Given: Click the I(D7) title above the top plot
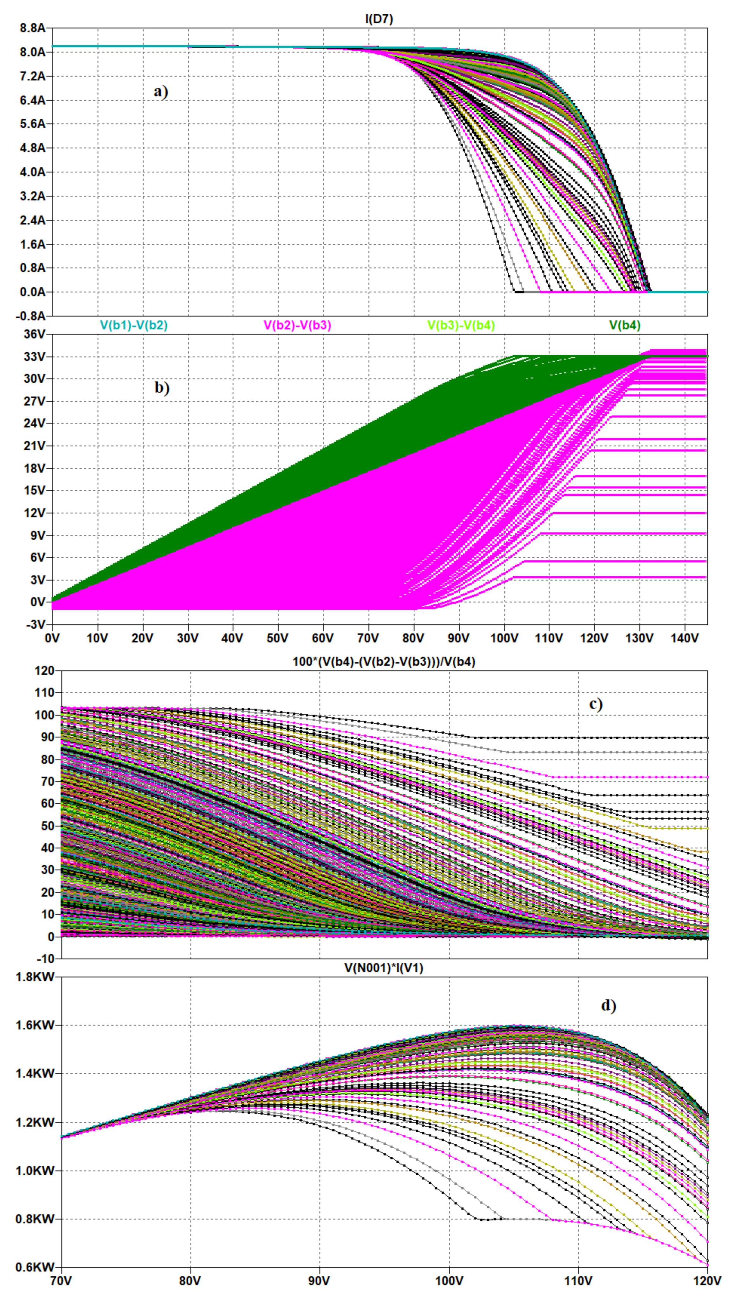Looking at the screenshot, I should point(378,19).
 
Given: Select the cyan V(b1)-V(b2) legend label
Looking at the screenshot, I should point(134,325).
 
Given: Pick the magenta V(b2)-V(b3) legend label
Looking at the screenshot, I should point(297,325).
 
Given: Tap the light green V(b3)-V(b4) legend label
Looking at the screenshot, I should point(461,325).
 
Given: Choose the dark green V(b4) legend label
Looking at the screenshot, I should point(625,325).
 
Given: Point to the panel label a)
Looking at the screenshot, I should point(161,92).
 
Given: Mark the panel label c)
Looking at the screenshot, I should point(596,704).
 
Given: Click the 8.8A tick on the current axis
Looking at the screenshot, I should point(32,28).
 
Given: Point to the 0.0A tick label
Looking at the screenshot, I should point(32,292).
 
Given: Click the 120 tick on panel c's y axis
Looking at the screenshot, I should point(44,671).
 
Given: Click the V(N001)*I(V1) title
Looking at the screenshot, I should point(384,968).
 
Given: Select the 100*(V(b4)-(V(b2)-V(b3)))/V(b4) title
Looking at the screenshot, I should point(384,661).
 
